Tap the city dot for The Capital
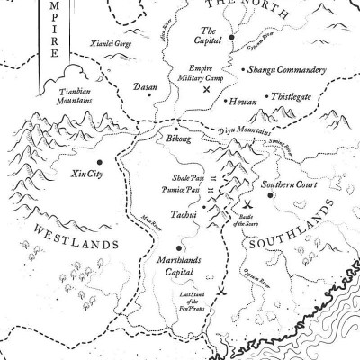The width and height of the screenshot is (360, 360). tap(231, 37)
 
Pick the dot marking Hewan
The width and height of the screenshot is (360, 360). tap(224, 102)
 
